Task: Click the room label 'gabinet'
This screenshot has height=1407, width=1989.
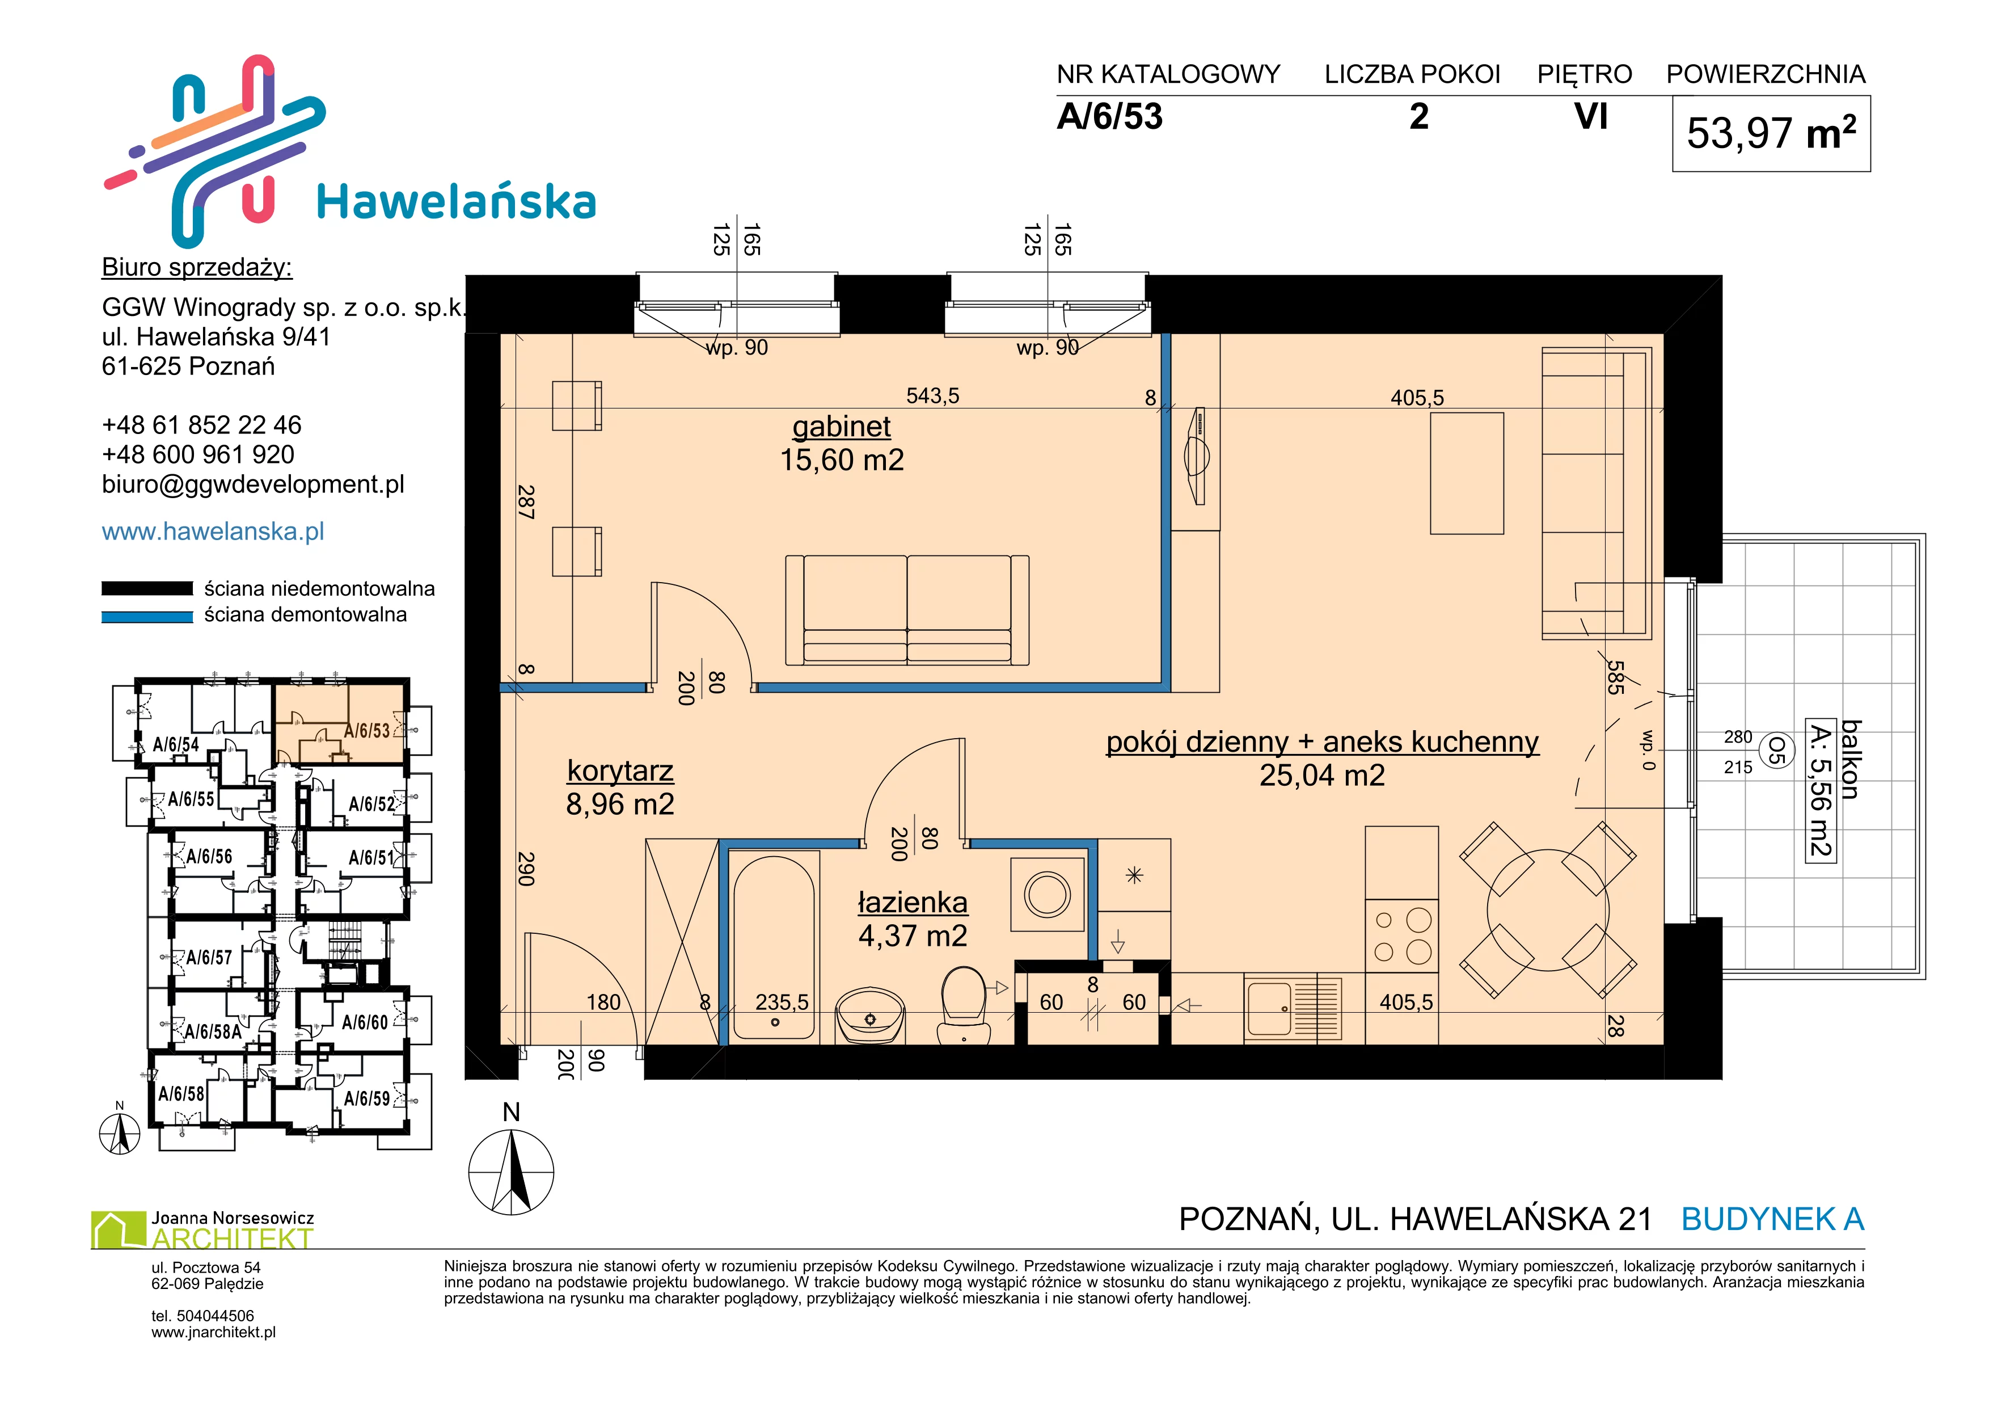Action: click(841, 427)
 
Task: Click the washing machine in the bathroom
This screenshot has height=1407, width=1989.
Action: click(1048, 894)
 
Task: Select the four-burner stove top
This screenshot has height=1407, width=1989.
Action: click(1401, 936)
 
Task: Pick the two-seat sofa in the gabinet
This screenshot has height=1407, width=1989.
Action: click(907, 610)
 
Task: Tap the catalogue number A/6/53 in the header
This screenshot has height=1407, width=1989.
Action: click(1110, 117)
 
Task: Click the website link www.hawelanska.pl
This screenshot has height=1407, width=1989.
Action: click(213, 532)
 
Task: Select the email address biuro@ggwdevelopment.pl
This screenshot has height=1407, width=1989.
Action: click(253, 485)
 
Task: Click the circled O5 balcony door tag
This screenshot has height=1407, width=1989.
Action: click(1776, 750)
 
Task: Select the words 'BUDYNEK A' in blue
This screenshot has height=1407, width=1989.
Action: click(1772, 1220)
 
